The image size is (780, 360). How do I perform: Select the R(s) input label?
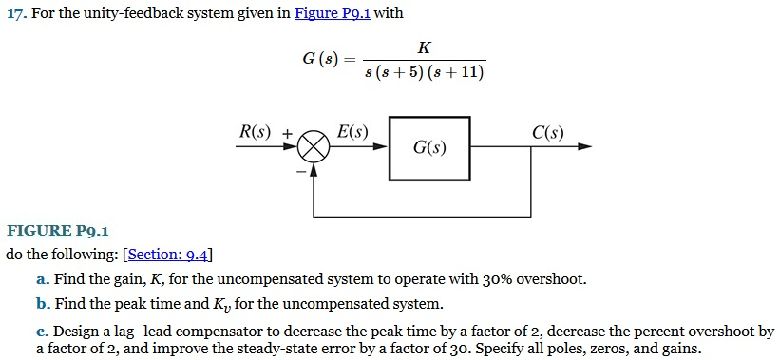254,133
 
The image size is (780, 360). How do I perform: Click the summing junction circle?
314,147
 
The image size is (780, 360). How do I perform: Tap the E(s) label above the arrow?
352,133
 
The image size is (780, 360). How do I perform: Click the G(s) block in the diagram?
429,148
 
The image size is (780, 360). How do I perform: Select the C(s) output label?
547,133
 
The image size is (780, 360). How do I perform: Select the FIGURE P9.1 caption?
58,230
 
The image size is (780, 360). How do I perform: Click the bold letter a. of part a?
42,279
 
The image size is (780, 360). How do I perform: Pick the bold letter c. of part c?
42,332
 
